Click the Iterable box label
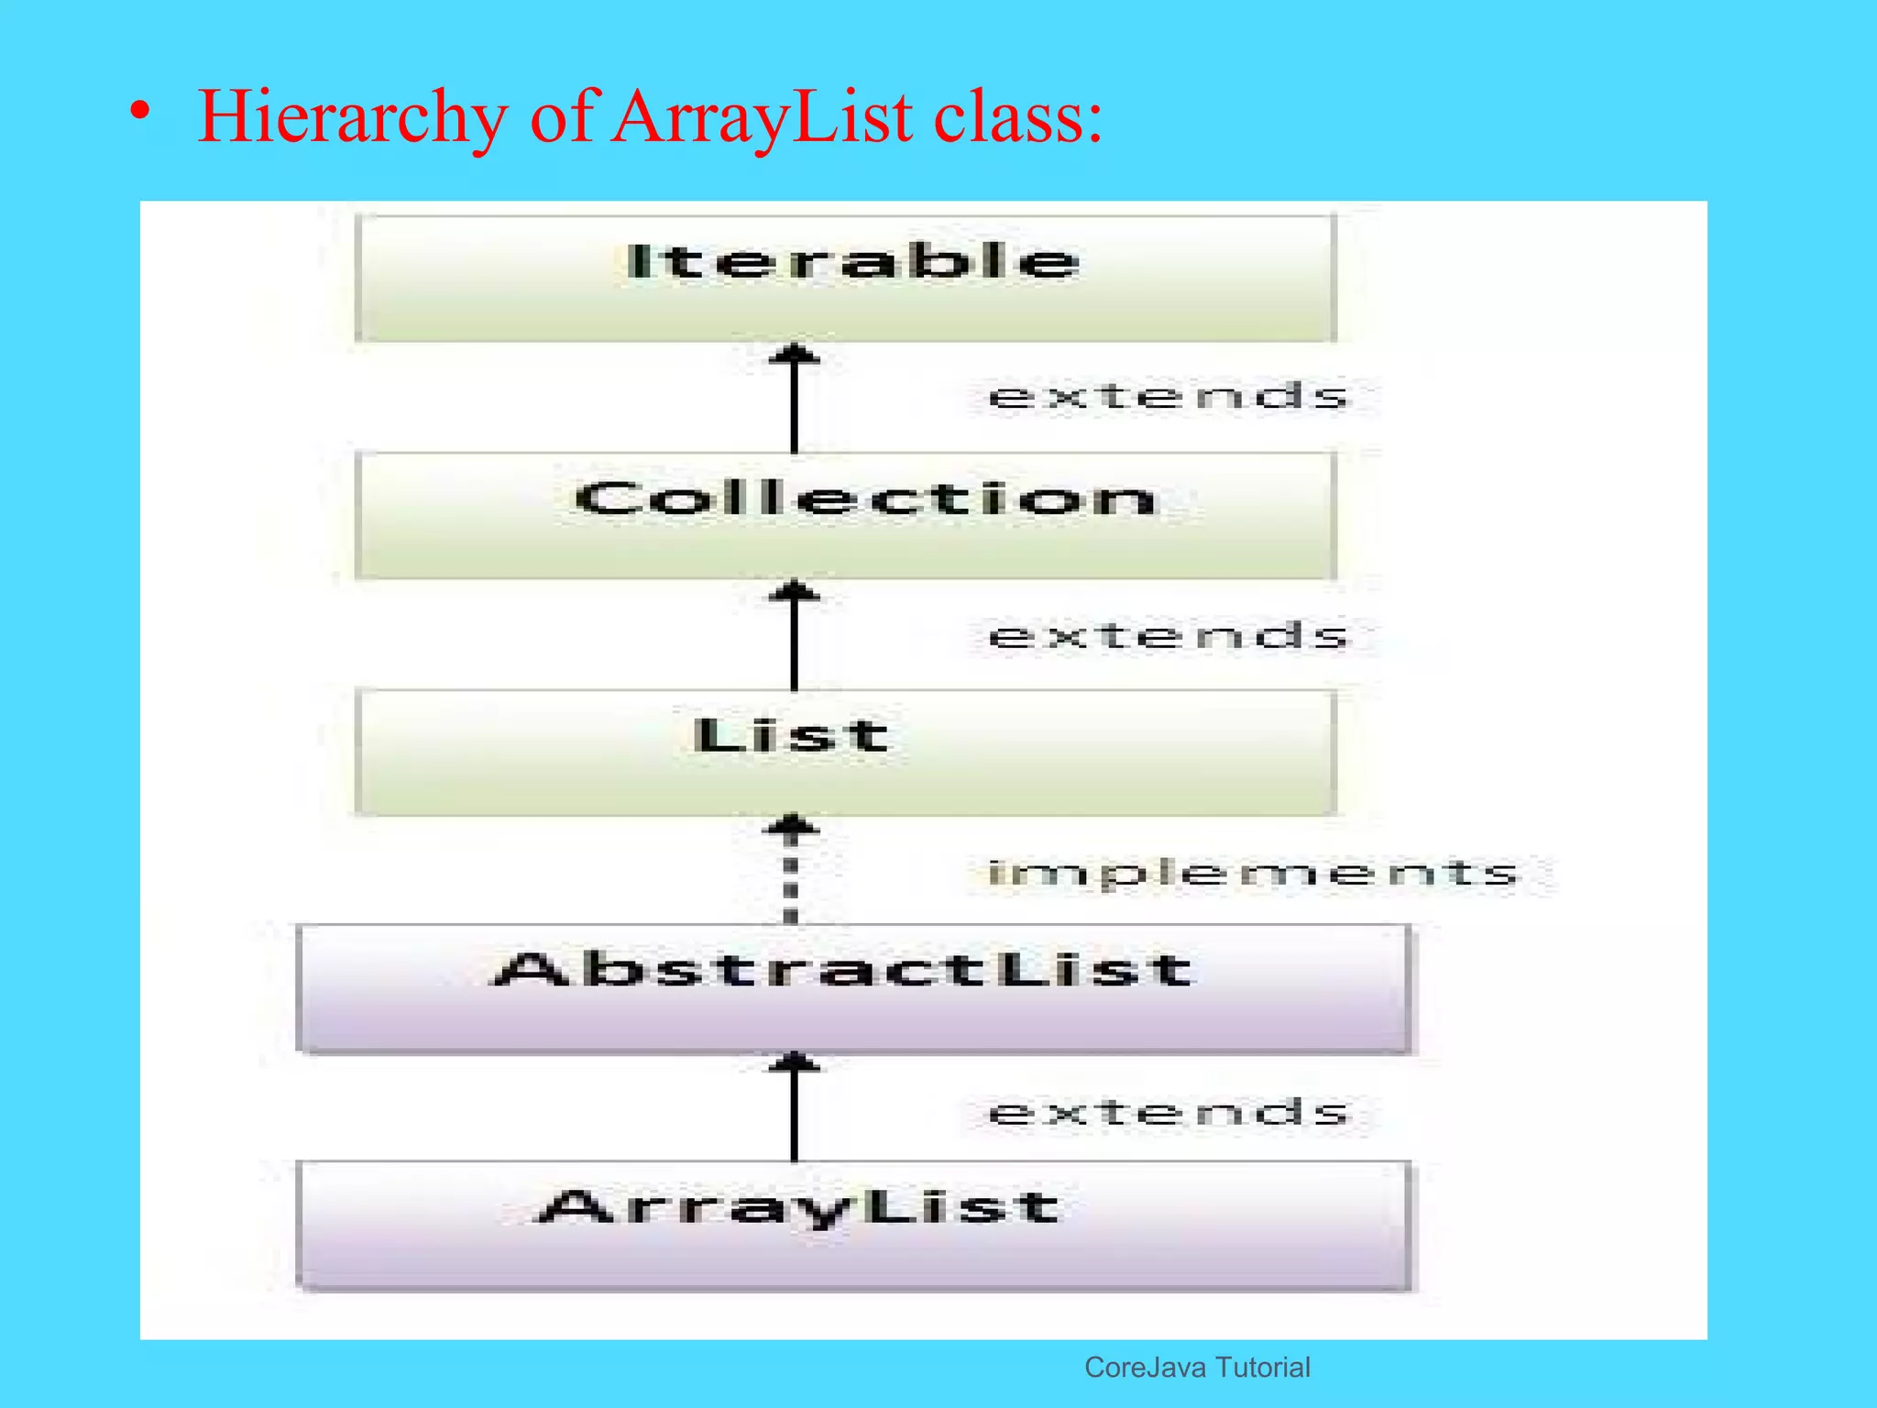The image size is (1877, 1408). point(852,262)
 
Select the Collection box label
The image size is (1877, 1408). point(865,500)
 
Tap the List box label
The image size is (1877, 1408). point(791,736)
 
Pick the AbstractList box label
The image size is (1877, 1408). point(843,970)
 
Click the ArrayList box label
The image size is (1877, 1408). point(798,1208)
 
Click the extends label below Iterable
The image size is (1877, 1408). point(1169,397)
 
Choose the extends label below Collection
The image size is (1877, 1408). point(1169,635)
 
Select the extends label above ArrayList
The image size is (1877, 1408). point(1169,1112)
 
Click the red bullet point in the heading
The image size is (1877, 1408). point(139,112)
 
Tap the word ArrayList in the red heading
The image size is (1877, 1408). point(763,117)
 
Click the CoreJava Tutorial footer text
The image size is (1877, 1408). point(1197,1368)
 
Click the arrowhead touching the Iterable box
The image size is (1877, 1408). point(794,353)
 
